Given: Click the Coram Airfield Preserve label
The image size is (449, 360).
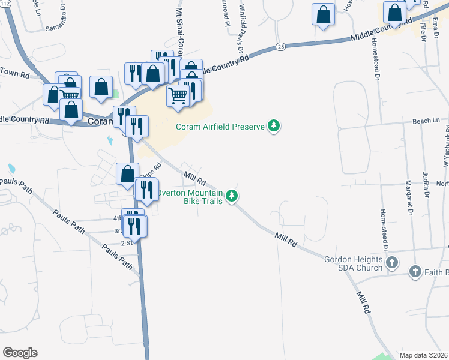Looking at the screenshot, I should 220,126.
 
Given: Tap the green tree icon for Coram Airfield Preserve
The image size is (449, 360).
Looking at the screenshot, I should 274,126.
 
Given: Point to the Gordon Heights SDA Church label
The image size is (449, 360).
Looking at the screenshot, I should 354,263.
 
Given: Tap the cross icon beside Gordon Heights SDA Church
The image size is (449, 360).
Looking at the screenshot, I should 392,262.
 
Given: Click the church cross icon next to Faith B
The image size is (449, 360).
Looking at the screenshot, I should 414,272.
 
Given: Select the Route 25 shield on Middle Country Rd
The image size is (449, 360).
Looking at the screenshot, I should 280,46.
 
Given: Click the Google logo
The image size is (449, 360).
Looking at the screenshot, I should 20,353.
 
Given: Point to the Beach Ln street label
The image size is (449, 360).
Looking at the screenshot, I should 426,121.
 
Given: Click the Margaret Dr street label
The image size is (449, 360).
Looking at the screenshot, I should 408,197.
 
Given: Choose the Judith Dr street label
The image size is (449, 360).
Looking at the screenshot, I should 426,185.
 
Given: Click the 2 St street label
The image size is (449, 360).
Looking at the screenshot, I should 126,243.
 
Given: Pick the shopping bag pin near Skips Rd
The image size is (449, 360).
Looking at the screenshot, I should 127,174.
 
